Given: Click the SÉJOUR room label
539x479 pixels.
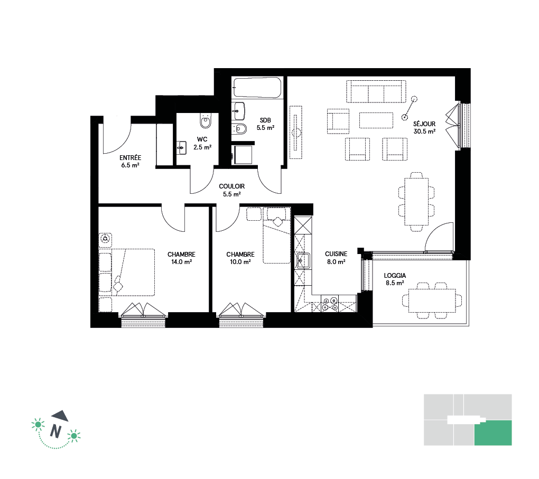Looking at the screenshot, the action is pyautogui.click(x=424, y=124).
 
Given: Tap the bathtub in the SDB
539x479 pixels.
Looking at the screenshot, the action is pyautogui.click(x=257, y=87).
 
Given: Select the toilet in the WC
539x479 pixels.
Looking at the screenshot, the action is pyautogui.click(x=206, y=120).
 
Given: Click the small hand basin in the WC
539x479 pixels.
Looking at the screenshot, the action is pyautogui.click(x=181, y=148).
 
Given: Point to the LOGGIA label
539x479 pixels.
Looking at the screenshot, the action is pyautogui.click(x=395, y=276).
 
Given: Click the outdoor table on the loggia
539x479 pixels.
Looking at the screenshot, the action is pyautogui.click(x=432, y=300).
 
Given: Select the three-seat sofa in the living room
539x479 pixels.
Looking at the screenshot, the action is pyautogui.click(x=376, y=91).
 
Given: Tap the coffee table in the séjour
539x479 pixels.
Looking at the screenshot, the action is pyautogui.click(x=376, y=120).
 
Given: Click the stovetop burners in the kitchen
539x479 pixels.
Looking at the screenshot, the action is pyautogui.click(x=329, y=304).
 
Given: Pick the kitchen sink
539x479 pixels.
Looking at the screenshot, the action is pyautogui.click(x=303, y=261).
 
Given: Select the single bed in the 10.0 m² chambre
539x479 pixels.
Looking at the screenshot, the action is pyautogui.click(x=277, y=235).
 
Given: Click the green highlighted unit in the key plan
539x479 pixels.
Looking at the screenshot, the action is pyautogui.click(x=493, y=433).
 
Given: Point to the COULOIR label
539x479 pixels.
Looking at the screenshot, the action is pyautogui.click(x=231, y=186).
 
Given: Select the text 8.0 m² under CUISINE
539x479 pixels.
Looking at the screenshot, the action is pyautogui.click(x=336, y=262).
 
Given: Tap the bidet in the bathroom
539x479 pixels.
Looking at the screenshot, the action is pyautogui.click(x=239, y=128).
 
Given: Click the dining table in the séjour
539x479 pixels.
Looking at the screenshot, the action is pyautogui.click(x=416, y=201).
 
